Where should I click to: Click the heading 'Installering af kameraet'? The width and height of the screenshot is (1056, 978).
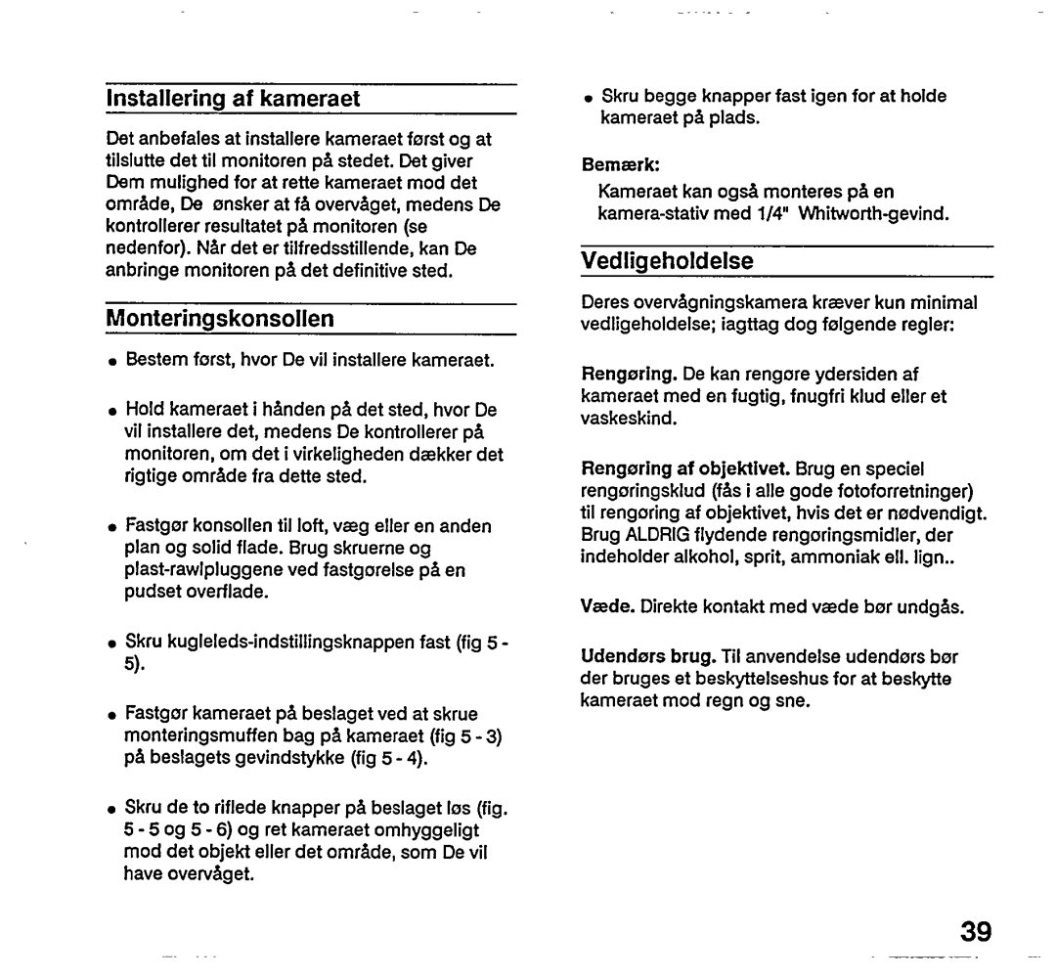(234, 98)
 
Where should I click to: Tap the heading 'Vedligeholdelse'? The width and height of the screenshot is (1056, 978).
(668, 260)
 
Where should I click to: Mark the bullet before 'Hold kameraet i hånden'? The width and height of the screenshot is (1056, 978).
(113, 409)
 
